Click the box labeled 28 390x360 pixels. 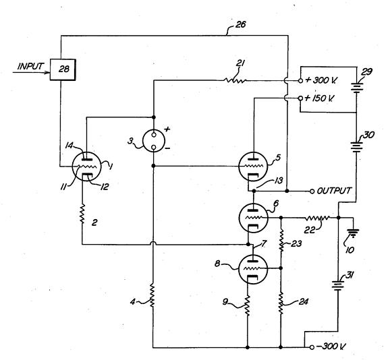(63, 69)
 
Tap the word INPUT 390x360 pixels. (30, 66)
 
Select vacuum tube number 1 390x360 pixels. (86, 167)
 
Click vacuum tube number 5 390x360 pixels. (253, 167)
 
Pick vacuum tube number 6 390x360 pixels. (253, 218)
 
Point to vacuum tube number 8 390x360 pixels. (253, 269)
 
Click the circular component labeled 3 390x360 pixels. (154, 141)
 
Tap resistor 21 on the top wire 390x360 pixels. (235, 80)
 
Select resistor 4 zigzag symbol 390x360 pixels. (152, 296)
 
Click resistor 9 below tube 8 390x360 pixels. (247, 305)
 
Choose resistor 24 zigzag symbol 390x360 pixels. (281, 303)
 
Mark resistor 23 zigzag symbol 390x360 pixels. (281, 241)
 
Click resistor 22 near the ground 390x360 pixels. (317, 218)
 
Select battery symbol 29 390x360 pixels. (357, 88)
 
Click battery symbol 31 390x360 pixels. (338, 285)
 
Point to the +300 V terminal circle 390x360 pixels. (300, 80)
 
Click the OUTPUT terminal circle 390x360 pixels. (312, 191)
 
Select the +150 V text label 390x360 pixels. (319, 98)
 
